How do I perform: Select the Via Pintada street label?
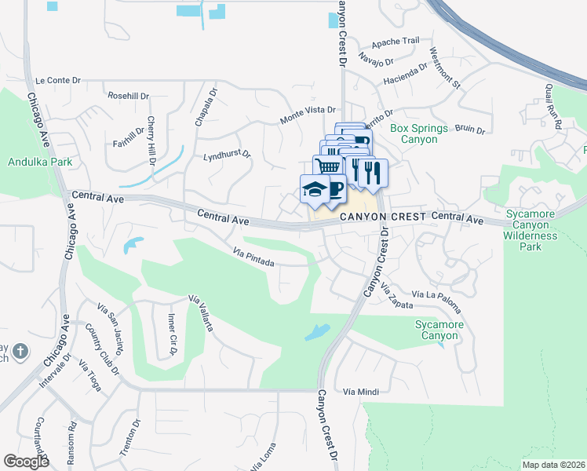[x=253, y=257]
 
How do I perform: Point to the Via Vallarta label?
[x=201, y=313]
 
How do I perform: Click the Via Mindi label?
[x=361, y=391]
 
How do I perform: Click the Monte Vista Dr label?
[x=308, y=115]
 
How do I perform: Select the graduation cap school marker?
[x=314, y=189]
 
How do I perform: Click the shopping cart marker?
[x=328, y=166]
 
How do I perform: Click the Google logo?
[x=26, y=462]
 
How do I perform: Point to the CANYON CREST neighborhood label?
[x=382, y=215]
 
